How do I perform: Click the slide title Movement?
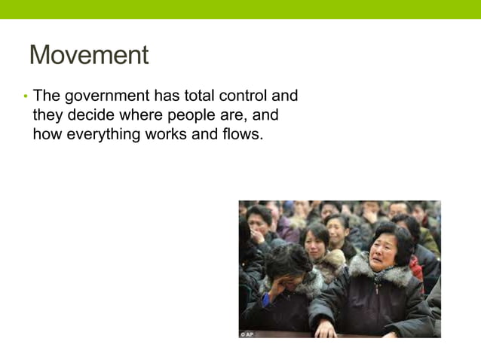coord(89,55)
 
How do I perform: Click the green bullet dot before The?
coord(24,96)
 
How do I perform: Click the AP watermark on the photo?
coord(247,334)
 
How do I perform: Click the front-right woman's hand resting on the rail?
coord(326,328)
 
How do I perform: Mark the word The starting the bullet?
coord(46,96)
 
